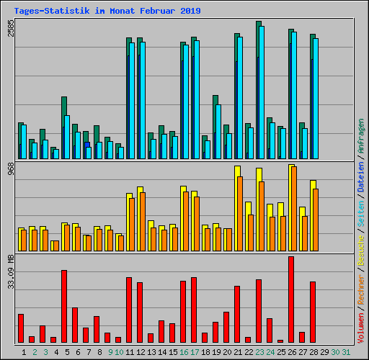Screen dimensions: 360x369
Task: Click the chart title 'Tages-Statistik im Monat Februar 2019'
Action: (x=107, y=11)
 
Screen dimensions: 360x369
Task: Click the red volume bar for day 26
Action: (x=291, y=299)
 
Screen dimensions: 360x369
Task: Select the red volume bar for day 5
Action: (x=64, y=306)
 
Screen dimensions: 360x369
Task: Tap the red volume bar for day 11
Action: (x=129, y=310)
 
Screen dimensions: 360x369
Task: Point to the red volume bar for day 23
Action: (x=259, y=310)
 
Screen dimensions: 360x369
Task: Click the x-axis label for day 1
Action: (x=24, y=351)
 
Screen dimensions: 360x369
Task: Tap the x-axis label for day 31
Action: (x=346, y=351)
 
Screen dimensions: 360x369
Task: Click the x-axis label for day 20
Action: (x=226, y=351)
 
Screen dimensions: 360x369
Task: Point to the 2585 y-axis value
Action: (x=11, y=29)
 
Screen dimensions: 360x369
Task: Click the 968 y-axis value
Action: (x=11, y=170)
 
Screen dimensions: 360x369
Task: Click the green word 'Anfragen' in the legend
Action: (x=361, y=138)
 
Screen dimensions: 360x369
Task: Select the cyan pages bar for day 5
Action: (x=67, y=137)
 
